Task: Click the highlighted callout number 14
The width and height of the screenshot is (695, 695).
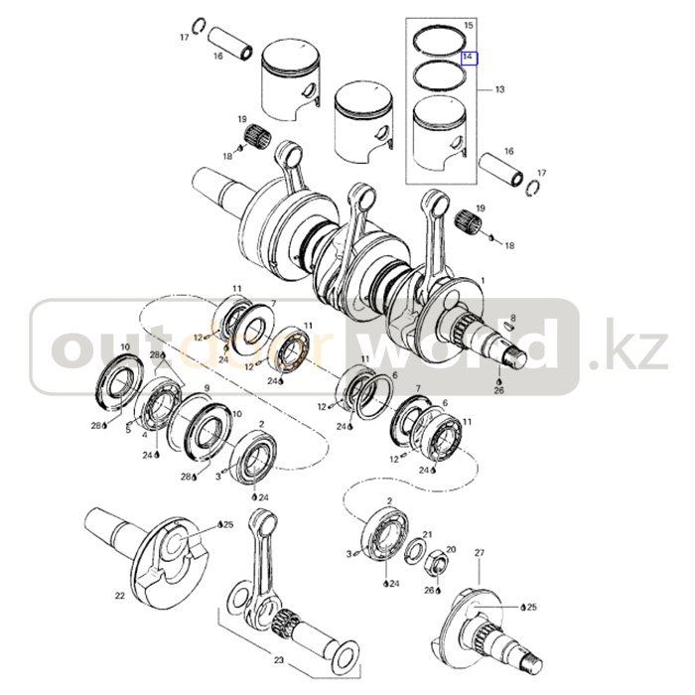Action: click(470, 58)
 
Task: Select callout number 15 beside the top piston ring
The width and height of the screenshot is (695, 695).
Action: click(469, 25)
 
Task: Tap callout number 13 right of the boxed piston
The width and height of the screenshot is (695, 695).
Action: click(500, 89)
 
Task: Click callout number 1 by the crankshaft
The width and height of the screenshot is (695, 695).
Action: click(483, 281)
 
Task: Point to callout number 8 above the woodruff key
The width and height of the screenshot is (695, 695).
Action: click(513, 319)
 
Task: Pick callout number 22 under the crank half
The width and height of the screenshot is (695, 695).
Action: click(120, 596)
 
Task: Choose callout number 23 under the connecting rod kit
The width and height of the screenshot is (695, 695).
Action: click(278, 660)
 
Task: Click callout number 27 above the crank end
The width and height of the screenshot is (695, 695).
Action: click(480, 553)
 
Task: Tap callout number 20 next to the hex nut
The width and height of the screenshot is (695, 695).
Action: click(451, 550)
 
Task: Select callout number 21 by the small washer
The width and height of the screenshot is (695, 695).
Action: click(427, 534)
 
